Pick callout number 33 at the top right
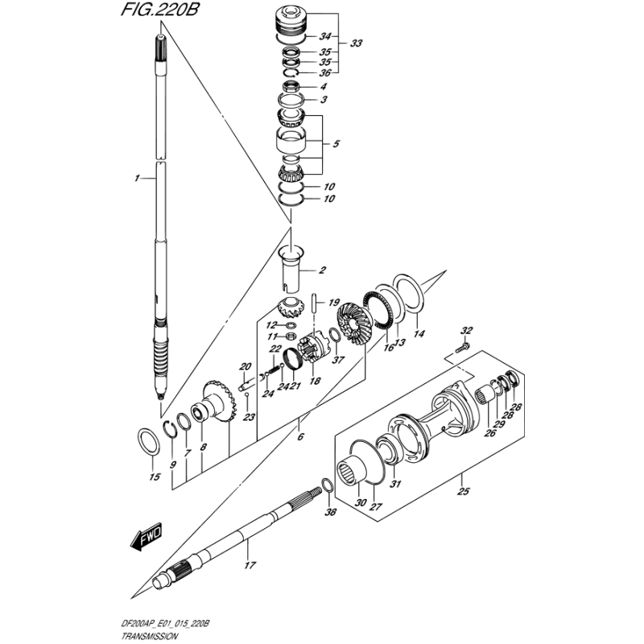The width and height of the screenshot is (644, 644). [357, 43]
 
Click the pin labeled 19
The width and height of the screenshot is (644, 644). [318, 303]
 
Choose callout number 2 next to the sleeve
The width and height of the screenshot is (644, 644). [322, 270]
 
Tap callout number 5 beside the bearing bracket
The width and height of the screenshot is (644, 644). [336, 144]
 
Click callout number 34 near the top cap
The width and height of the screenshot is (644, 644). [324, 37]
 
